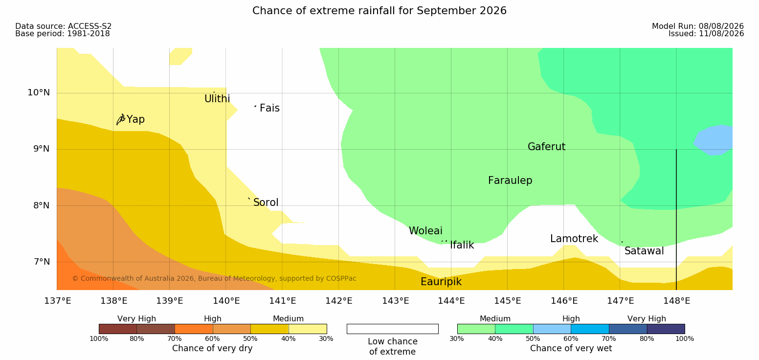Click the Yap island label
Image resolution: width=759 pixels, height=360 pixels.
(x=135, y=119)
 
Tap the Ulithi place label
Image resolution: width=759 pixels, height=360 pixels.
(x=217, y=99)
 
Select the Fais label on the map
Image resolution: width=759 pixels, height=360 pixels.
(x=270, y=108)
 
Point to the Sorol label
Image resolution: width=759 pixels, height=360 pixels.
(x=266, y=202)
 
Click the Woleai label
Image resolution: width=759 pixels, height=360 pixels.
(x=425, y=231)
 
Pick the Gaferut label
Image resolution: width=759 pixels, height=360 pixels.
(x=547, y=147)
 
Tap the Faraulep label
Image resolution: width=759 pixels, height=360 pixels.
(x=510, y=180)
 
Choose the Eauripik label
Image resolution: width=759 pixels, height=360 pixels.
(x=441, y=282)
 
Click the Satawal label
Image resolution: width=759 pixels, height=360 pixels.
(x=644, y=251)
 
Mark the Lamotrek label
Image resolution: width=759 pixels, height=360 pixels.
(x=574, y=239)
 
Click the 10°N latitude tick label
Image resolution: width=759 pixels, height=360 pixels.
(x=39, y=92)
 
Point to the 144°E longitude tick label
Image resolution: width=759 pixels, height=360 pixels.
(x=451, y=301)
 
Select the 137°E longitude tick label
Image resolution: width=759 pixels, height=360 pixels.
(x=58, y=301)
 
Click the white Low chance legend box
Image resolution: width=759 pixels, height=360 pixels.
(x=393, y=329)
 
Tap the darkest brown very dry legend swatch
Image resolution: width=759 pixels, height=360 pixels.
(x=118, y=329)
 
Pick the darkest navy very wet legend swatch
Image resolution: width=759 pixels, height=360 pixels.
(x=666, y=329)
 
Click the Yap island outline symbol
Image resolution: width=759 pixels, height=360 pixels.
(x=121, y=120)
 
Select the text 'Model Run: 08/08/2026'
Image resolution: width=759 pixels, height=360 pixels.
(x=698, y=26)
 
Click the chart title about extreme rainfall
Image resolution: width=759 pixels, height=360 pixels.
(x=379, y=10)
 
